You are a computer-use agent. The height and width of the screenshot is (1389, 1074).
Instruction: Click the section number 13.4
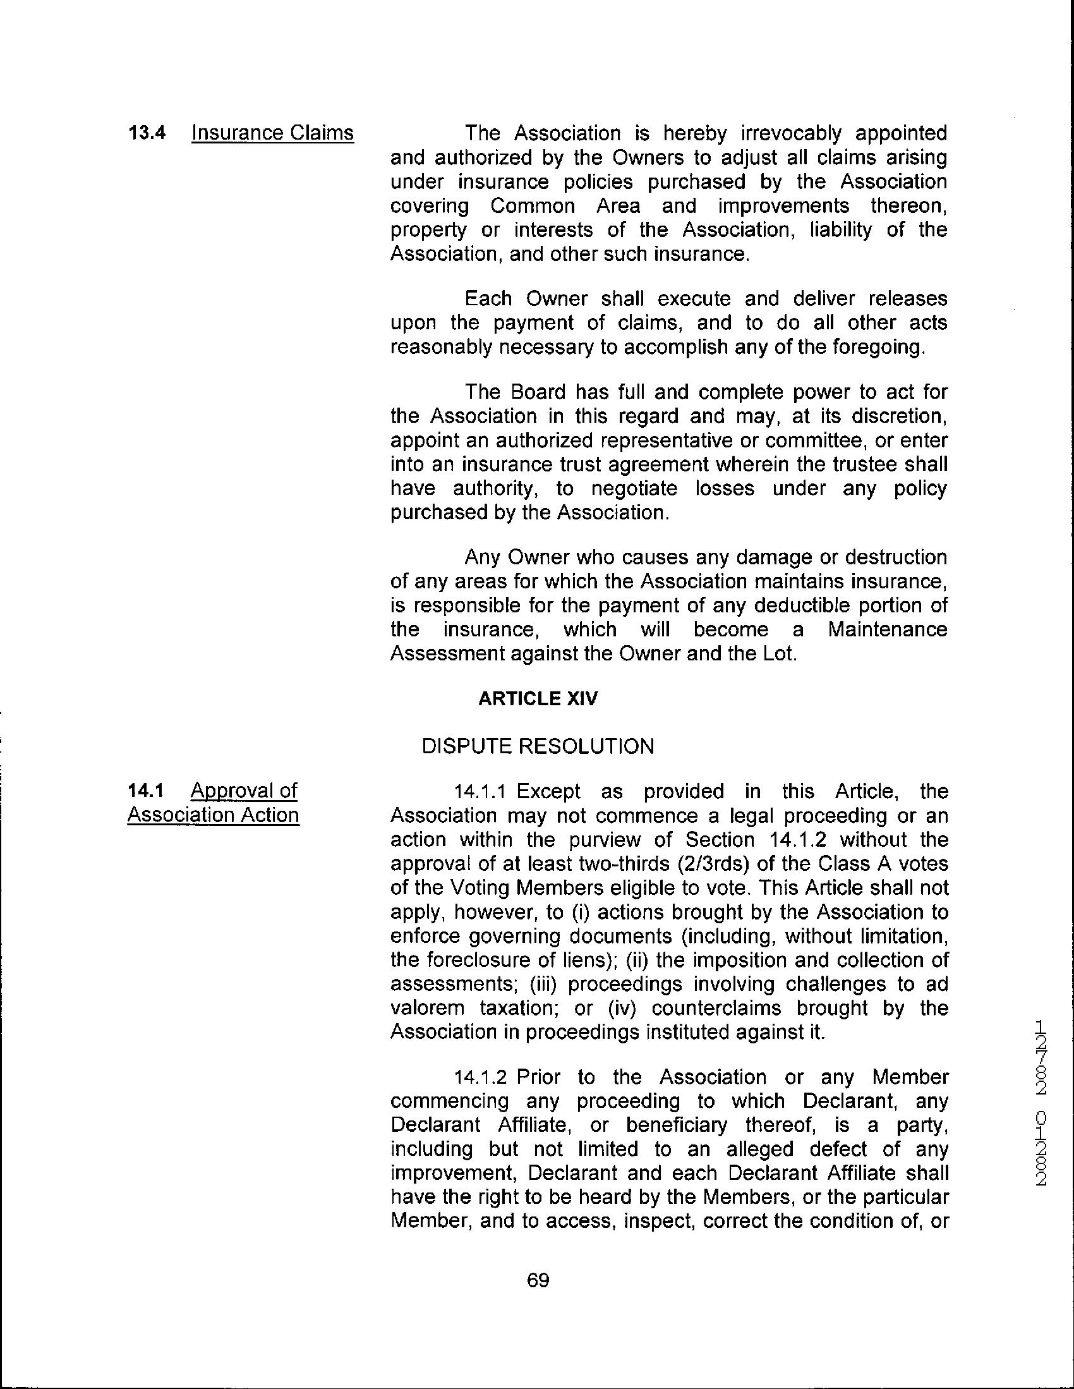[x=147, y=133]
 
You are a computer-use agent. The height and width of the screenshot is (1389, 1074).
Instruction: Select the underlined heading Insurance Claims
[x=272, y=133]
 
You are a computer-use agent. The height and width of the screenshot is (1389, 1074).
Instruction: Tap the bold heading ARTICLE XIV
[x=538, y=698]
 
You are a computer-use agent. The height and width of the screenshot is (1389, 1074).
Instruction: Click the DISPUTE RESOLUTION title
[x=538, y=747]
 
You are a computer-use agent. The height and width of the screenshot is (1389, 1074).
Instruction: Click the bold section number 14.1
[x=145, y=791]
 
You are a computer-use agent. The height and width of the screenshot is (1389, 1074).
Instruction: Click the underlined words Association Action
[x=213, y=815]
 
